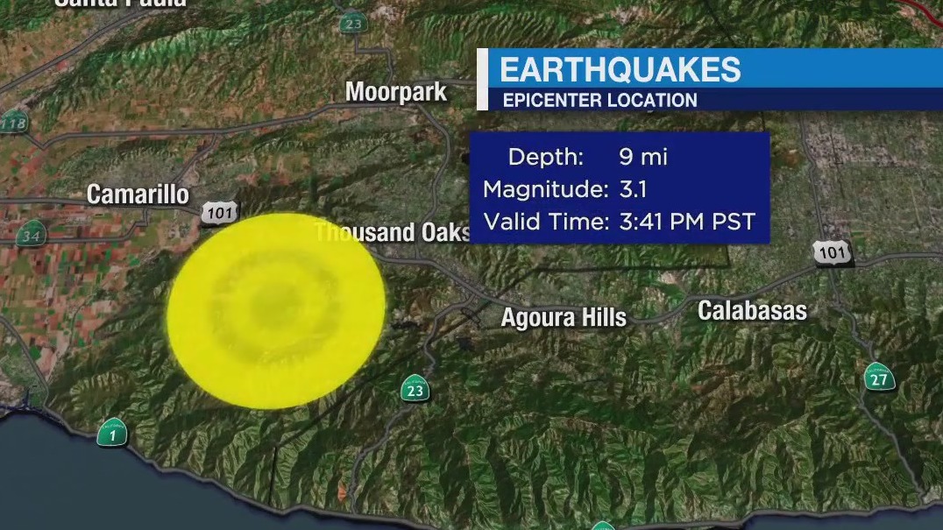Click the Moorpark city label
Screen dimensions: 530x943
click(x=396, y=92)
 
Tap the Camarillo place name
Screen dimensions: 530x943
click(x=138, y=194)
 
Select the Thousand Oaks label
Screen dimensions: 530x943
click(x=393, y=232)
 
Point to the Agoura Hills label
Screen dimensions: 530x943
click(x=564, y=317)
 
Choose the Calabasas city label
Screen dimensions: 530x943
click(x=752, y=310)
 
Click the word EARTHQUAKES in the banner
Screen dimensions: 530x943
click(x=620, y=69)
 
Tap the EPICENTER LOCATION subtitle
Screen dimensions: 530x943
click(x=599, y=100)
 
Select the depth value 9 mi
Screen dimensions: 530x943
click(x=642, y=157)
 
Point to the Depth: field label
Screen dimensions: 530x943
click(x=544, y=157)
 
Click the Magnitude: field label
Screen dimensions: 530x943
click(x=545, y=189)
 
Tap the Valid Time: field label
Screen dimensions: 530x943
click(x=545, y=222)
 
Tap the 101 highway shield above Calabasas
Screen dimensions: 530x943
click(x=831, y=253)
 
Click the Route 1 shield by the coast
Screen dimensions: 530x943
click(x=112, y=432)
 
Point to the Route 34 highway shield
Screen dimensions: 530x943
click(x=32, y=235)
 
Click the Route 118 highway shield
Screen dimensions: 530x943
click(x=13, y=123)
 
